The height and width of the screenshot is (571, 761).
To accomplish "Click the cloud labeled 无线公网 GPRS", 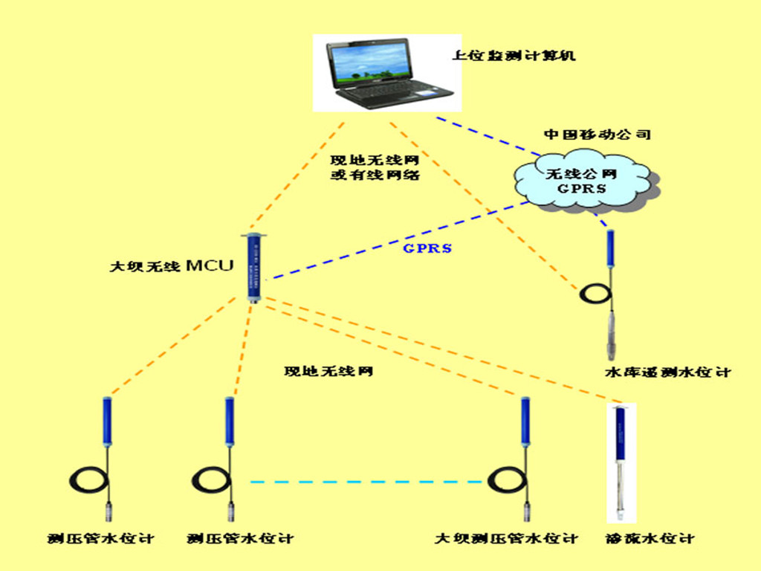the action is pos(581,181).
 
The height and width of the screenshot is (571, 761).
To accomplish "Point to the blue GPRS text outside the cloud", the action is pos(427,248).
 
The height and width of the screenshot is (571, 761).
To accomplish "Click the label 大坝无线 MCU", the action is pos(171,266).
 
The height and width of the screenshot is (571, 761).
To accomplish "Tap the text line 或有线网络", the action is pos(375,175).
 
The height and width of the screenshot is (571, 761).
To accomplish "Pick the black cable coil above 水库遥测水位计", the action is pos(595,294).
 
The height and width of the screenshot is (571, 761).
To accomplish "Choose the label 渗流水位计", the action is pos(650,538).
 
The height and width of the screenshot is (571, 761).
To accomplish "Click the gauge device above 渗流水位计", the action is pos(621,461).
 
